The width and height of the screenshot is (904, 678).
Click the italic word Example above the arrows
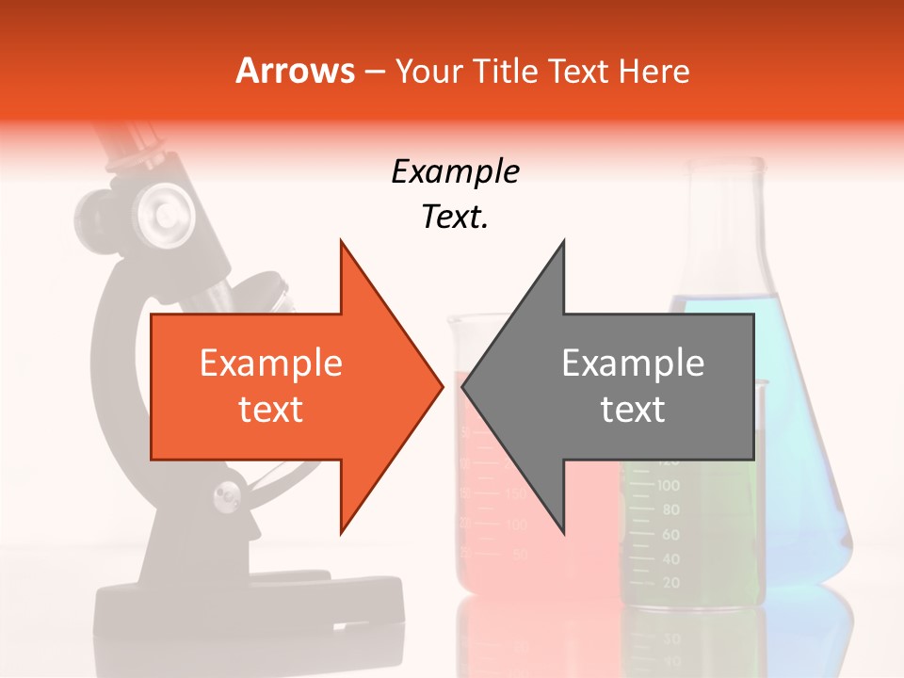(455, 171)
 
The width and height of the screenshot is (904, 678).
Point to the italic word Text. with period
(455, 217)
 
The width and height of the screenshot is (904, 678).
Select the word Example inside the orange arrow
(271, 363)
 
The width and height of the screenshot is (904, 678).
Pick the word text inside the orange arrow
(271, 410)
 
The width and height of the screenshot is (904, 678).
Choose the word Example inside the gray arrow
(633, 363)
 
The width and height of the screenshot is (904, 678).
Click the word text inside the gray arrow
(633, 410)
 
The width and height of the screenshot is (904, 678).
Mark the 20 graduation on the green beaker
(670, 583)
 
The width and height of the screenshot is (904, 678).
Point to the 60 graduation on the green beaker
(670, 534)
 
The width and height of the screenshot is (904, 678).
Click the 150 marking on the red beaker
(516, 493)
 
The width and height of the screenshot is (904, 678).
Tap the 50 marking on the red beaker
(520, 555)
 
